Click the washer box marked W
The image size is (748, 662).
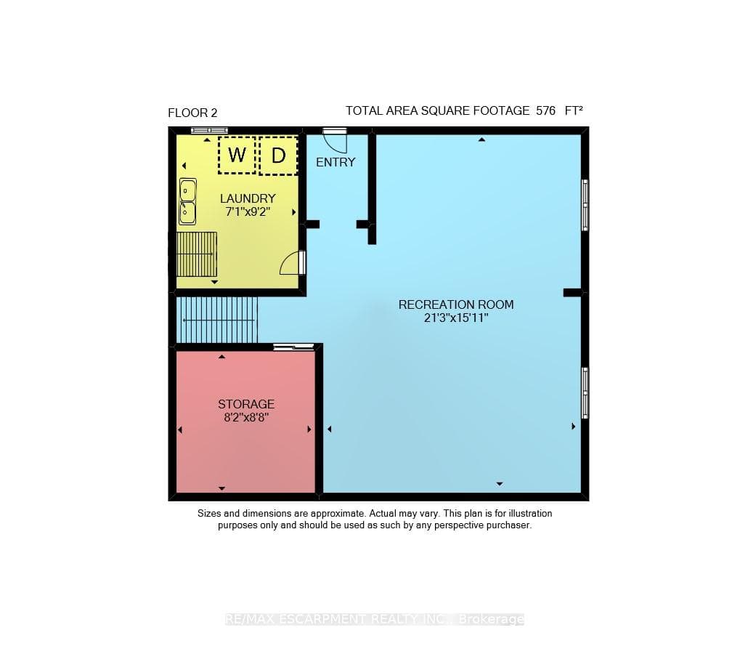237,155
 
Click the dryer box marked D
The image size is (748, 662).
279,156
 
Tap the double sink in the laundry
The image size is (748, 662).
187,201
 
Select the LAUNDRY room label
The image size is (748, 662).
248,198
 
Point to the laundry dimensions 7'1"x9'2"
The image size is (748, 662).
248,211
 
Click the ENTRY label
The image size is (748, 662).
336,162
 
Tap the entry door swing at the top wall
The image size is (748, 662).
335,140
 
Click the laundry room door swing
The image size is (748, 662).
292,263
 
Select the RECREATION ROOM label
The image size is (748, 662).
456,304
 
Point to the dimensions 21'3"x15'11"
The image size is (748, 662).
456,318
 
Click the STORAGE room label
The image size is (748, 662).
246,404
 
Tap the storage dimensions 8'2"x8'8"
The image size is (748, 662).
246,418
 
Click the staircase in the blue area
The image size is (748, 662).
217,320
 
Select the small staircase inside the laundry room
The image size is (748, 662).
197,254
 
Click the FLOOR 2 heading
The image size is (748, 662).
192,113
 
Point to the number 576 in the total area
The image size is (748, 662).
545,110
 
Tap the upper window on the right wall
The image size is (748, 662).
585,205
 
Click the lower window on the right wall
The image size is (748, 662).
585,393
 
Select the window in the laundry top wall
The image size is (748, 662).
209,130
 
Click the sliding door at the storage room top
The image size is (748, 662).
293,347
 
